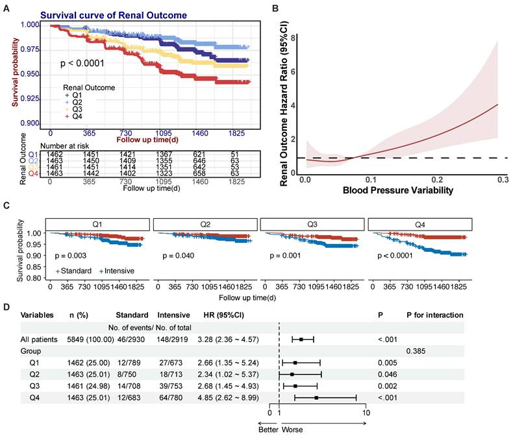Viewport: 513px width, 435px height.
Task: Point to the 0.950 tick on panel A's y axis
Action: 29,74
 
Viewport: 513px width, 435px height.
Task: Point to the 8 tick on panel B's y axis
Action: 294,38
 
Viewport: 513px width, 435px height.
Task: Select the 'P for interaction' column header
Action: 435,315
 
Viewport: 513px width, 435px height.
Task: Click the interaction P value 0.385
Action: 416,351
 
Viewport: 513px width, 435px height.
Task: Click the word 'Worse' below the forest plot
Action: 292,429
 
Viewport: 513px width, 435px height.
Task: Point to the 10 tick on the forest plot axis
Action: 366,412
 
